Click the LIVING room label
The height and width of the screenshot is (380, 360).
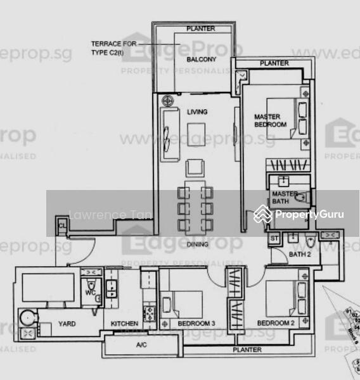[x=197, y=112]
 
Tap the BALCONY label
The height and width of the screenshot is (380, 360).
[x=202, y=60]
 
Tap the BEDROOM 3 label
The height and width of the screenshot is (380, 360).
[x=196, y=324]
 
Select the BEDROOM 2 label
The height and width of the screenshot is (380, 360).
[x=276, y=324]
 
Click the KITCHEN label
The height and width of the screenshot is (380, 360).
[x=124, y=324]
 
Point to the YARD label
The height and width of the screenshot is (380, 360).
[x=67, y=324]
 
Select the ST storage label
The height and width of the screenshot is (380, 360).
[x=274, y=238]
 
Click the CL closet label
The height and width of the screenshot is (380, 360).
[x=62, y=225]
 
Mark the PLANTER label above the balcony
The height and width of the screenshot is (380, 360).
[x=200, y=28]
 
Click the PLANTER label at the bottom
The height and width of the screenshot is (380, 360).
[x=247, y=349]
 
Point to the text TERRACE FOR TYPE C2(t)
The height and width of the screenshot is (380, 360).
[x=113, y=47]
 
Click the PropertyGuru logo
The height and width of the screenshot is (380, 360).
[x=299, y=215]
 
